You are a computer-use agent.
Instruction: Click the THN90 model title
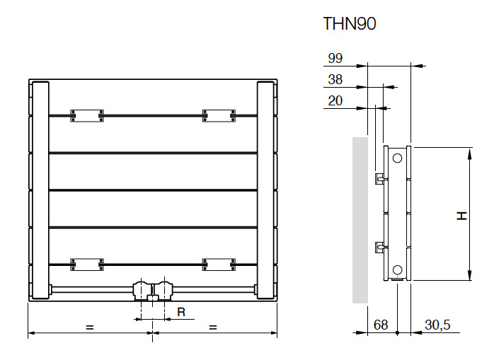(350, 24)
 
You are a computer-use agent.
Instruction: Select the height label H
(461, 215)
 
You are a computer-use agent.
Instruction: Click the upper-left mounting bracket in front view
(87, 115)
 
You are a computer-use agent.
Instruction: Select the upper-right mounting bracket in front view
(219, 115)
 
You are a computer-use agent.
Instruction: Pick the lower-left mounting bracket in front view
(87, 264)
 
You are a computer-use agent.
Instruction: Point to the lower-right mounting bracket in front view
(219, 264)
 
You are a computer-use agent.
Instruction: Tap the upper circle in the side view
(398, 158)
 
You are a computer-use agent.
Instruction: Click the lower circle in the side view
(398, 269)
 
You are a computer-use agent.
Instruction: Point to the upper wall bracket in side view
(379, 176)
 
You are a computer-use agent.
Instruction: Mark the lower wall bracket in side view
(379, 247)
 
